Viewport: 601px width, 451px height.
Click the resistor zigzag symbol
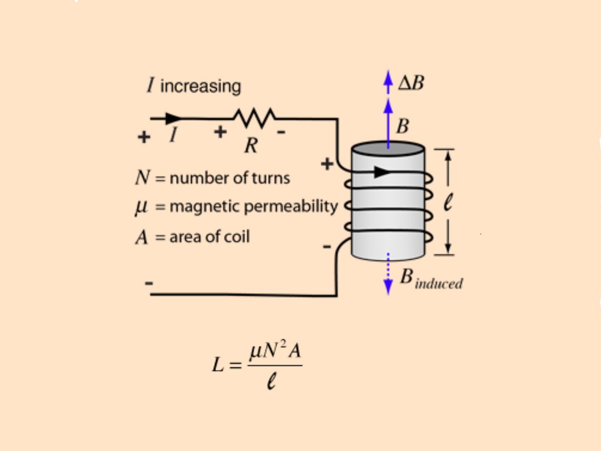coord(254,118)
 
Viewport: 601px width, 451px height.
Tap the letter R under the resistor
coord(251,145)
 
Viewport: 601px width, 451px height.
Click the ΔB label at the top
coord(411,83)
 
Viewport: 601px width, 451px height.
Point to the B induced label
coord(431,280)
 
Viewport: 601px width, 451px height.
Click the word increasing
coord(200,86)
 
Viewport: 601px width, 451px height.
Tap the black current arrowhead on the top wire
coord(173,119)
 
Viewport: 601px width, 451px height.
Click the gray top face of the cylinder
coord(388,149)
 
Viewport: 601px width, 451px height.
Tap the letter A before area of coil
coord(142,237)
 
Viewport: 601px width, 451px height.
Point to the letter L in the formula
coord(218,365)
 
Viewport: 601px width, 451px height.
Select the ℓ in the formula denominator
coord(272,383)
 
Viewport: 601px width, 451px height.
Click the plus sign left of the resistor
coord(220,132)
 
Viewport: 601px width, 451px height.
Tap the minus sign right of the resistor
coord(281,132)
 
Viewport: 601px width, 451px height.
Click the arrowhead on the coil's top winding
coord(382,172)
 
